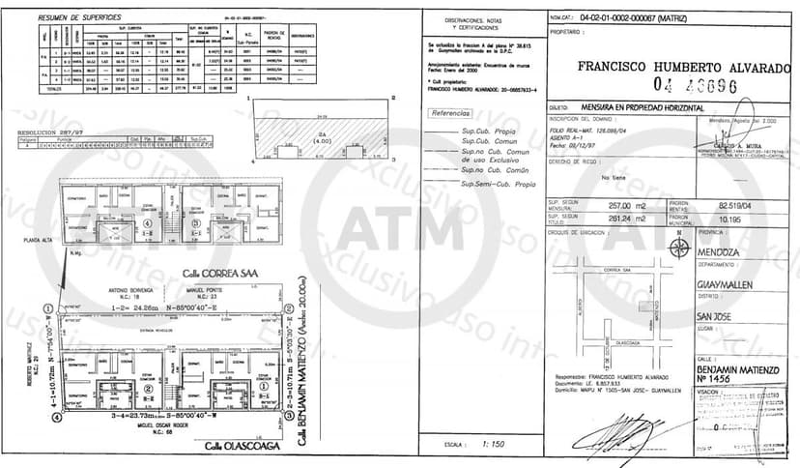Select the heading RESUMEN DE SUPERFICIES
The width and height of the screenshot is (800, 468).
coord(80,18)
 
